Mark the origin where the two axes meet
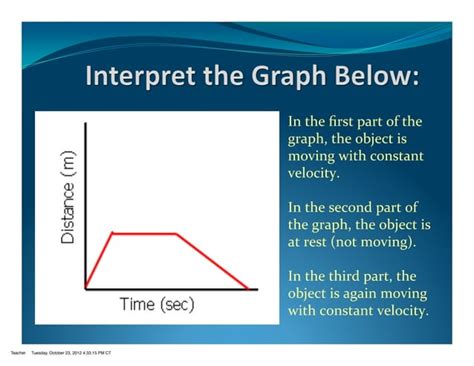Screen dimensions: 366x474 pyautogui.click(x=86, y=290)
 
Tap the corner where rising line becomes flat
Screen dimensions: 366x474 pyautogui.click(x=111, y=233)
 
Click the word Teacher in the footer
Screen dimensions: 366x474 pyautogui.click(x=17, y=353)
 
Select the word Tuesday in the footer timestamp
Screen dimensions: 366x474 pyautogui.click(x=41, y=353)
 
